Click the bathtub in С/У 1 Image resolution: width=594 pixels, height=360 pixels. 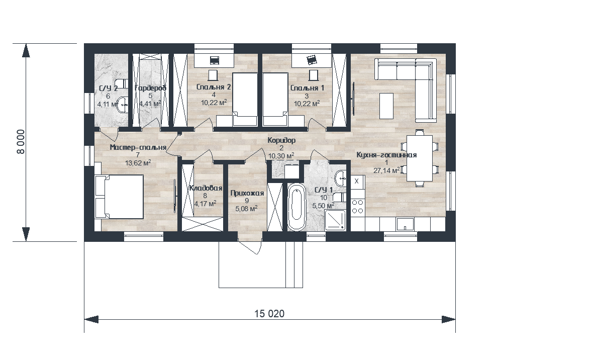coord(296,207)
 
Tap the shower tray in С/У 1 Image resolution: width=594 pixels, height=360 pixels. coord(335,220)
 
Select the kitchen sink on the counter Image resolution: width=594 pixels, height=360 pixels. coord(405,224)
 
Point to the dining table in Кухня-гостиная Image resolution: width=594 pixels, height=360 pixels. coord(420,158)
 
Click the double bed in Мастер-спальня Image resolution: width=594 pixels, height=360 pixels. coord(119,196)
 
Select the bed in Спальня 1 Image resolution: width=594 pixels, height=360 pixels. coord(275,100)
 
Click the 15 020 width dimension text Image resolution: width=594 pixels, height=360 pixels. coord(269,314)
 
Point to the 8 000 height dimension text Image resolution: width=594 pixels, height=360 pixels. coord(21,142)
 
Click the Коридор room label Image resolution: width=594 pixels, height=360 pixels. coord(281,140)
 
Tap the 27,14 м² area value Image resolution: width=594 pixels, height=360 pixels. coord(386,170)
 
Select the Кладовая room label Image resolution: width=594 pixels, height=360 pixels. coord(206,188)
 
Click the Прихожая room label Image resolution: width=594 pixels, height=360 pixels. coord(247,193)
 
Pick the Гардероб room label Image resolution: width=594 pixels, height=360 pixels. coord(150,88)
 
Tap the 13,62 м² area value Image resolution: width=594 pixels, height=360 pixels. coord(138,163)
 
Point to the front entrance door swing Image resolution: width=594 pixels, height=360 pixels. coord(251,248)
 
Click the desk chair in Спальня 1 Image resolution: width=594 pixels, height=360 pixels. coord(313,75)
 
